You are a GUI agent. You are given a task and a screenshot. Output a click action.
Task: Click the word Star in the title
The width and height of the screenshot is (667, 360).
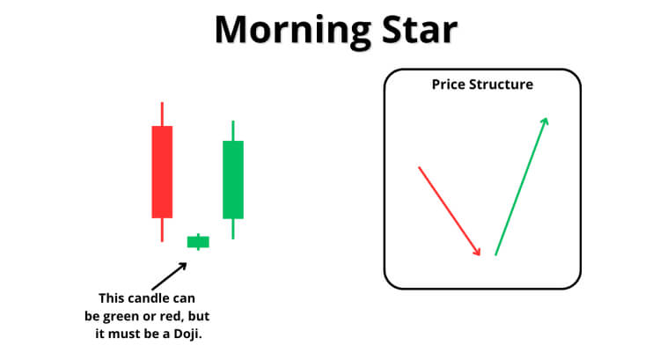pyautogui.click(x=420, y=29)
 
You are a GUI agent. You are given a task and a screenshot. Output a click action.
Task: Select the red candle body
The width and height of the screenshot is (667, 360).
pyautogui.click(x=162, y=172)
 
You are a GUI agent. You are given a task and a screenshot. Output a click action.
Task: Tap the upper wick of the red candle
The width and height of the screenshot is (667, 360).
pyautogui.click(x=162, y=114)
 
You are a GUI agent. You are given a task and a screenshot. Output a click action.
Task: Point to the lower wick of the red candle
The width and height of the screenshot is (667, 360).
pyautogui.click(x=162, y=230)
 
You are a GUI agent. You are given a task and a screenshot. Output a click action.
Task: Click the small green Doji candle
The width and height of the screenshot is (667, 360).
pyautogui.click(x=198, y=242)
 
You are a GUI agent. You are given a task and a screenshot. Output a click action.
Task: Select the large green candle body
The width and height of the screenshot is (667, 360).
pyautogui.click(x=233, y=180)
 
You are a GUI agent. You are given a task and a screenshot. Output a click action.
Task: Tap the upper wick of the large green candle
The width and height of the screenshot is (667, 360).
pyautogui.click(x=233, y=130)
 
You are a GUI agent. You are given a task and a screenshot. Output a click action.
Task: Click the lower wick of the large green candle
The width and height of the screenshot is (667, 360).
pyautogui.click(x=233, y=229)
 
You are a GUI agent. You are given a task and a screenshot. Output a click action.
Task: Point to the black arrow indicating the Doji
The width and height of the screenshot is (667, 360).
pyautogui.click(x=169, y=276)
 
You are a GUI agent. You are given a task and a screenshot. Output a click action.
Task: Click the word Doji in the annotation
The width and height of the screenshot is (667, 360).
pyautogui.click(x=187, y=334)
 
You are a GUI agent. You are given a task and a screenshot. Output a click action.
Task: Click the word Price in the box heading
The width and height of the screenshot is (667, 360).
pyautogui.click(x=449, y=84)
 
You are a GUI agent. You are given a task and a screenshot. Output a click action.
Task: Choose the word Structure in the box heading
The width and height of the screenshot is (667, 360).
pyautogui.click(x=501, y=84)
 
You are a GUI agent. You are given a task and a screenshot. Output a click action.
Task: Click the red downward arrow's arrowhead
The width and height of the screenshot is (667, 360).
pyautogui.click(x=476, y=251)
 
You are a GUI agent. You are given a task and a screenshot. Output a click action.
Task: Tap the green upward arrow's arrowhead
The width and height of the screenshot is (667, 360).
pyautogui.click(x=545, y=121)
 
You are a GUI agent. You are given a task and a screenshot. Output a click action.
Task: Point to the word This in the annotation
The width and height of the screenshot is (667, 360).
pyautogui.click(x=111, y=298)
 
